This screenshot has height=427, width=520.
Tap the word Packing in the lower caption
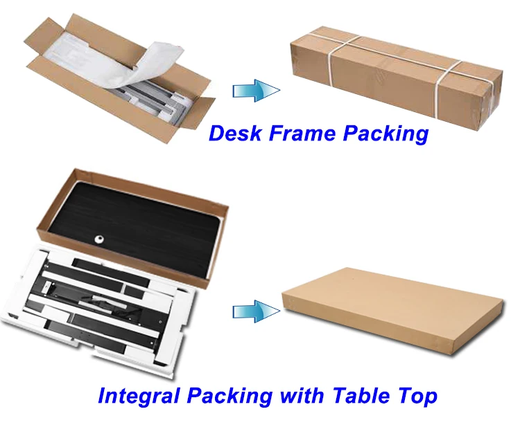(232, 397)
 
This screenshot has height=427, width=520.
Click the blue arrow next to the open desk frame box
(254, 90)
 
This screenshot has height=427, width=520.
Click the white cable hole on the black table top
(99, 239)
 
